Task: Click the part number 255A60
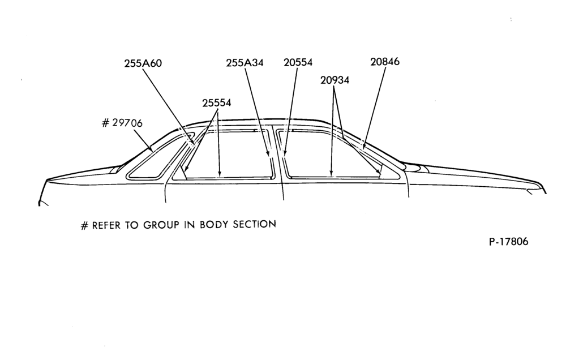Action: click(x=143, y=63)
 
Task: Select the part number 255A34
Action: click(x=245, y=63)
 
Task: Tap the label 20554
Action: click(x=298, y=62)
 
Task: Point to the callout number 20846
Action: click(x=385, y=62)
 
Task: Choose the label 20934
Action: click(x=335, y=80)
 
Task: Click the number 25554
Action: click(x=217, y=103)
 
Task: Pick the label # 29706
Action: click(x=122, y=123)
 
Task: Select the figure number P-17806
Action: click(x=509, y=242)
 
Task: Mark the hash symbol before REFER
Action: click(x=84, y=226)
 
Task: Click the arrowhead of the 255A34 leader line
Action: click(x=268, y=155)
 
